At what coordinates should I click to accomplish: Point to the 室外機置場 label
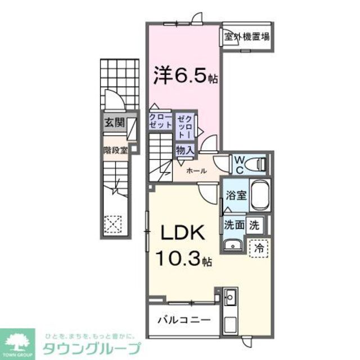click(x=246, y=38)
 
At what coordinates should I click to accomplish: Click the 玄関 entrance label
click(x=114, y=124)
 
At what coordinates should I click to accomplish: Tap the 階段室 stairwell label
click(x=116, y=150)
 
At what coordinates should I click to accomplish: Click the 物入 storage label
click(x=185, y=150)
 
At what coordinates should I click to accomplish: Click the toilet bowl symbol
click(x=258, y=164)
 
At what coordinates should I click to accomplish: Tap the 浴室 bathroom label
click(x=235, y=196)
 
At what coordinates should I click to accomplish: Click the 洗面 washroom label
click(x=235, y=225)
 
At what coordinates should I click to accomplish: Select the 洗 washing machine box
click(x=255, y=225)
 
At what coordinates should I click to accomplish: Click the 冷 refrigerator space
click(x=259, y=247)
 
